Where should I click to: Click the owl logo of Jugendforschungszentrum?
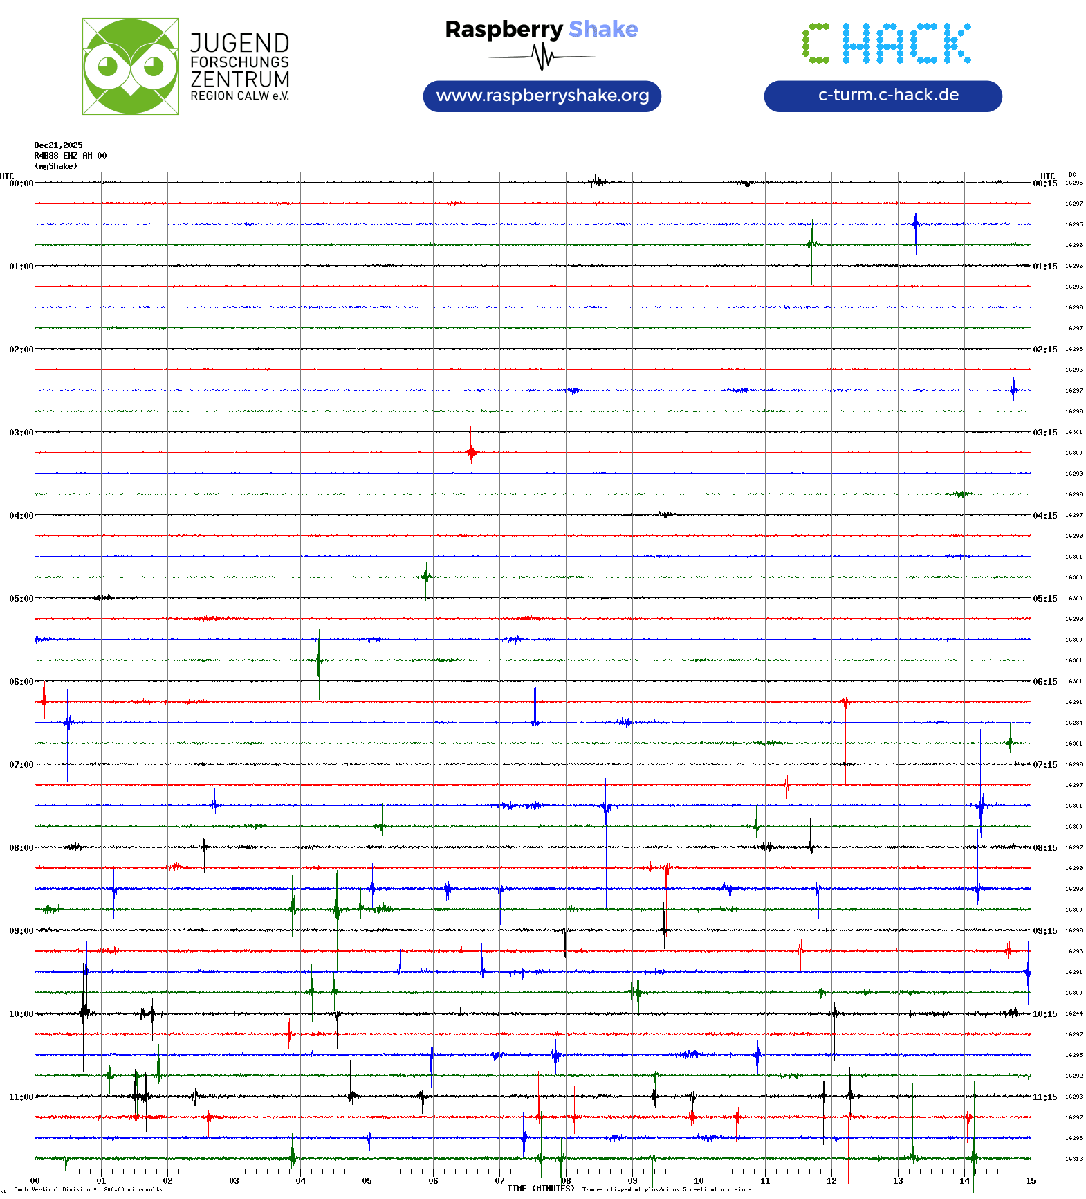[130, 66]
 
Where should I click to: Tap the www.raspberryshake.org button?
[542, 96]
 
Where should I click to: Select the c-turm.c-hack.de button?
[883, 96]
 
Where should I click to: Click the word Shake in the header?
[603, 29]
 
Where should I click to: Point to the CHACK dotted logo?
[886, 43]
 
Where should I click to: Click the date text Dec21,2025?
[58, 145]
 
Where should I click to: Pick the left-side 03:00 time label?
[21, 433]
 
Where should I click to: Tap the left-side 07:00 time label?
[21, 765]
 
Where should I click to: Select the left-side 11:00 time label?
[21, 1097]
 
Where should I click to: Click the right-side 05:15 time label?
[1044, 599]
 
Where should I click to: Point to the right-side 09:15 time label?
[1044, 931]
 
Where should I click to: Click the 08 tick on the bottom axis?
[566, 1181]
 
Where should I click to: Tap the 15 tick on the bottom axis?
[1031, 1181]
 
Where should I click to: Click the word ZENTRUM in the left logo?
[240, 80]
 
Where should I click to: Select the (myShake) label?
[56, 166]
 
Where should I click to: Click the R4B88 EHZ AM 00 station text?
[71, 156]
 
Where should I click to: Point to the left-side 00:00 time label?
[21, 183]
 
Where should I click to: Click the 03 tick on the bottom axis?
[234, 1181]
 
